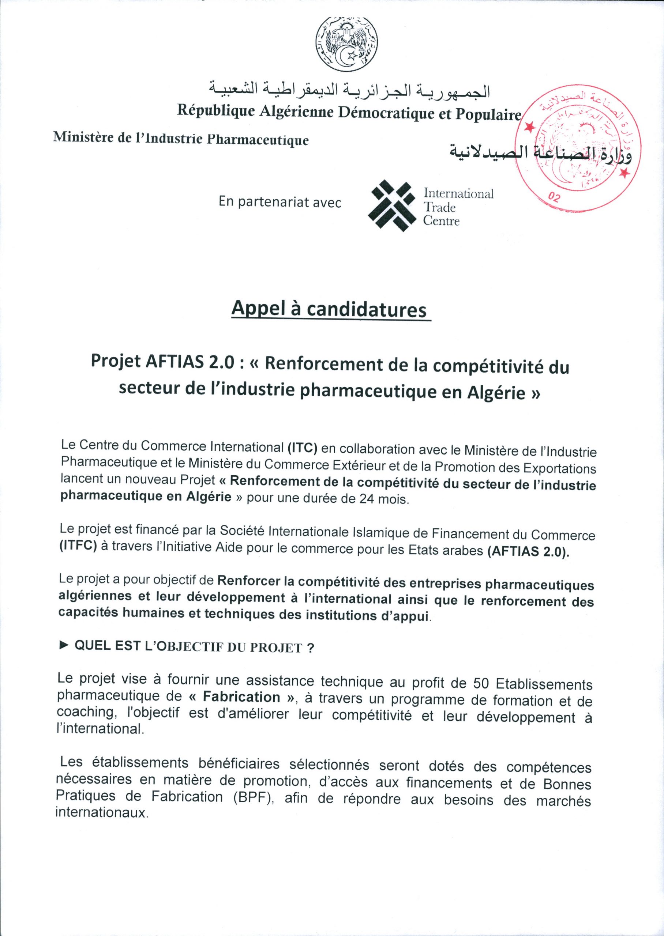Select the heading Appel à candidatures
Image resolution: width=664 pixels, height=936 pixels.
pyautogui.click(x=329, y=309)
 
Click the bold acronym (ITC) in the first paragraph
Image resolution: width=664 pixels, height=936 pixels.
pyautogui.click(x=303, y=448)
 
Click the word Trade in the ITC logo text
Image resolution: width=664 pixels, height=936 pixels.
pyautogui.click(x=439, y=207)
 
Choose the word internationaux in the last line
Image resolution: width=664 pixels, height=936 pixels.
pyautogui.click(x=101, y=813)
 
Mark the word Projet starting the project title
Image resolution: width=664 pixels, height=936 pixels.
pyautogui.click(x=116, y=361)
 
